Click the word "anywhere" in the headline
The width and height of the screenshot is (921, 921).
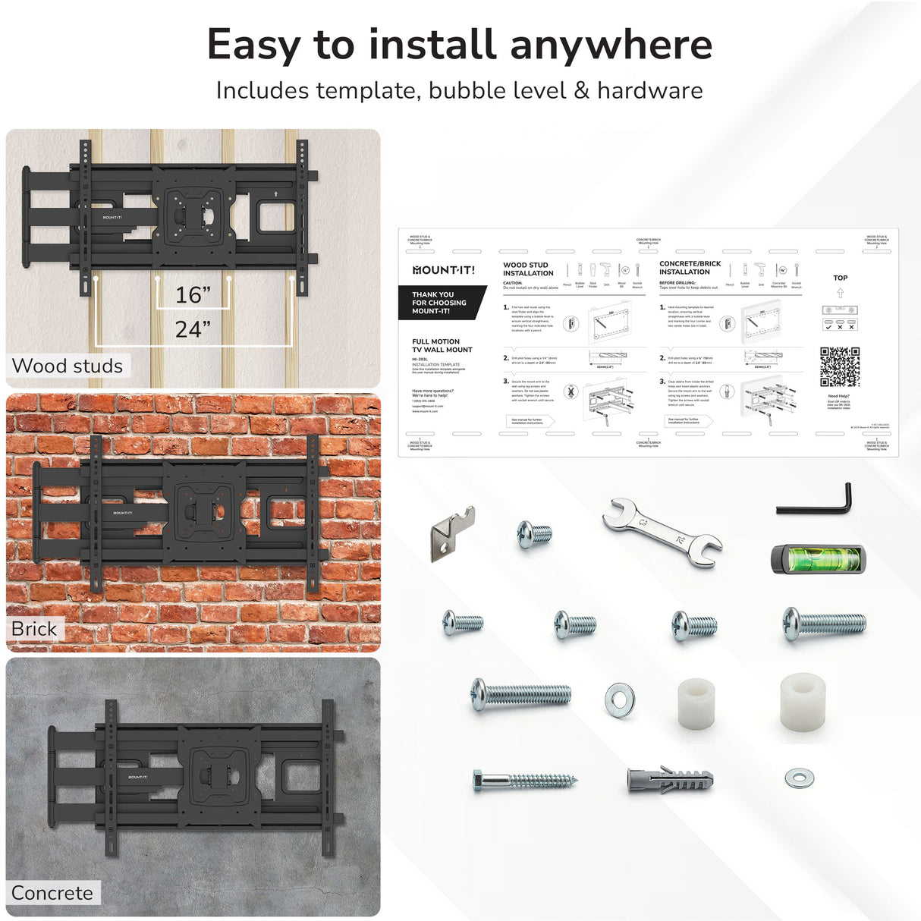click(611, 45)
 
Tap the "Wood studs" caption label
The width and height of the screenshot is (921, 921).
click(68, 366)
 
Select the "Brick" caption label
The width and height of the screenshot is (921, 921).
click(34, 629)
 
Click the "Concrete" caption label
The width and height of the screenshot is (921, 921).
click(52, 893)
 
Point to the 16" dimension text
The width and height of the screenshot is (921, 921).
click(193, 295)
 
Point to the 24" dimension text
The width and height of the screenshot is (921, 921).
click(193, 329)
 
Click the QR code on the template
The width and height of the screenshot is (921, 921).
click(840, 367)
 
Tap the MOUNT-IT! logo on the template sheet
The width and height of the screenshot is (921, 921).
click(444, 270)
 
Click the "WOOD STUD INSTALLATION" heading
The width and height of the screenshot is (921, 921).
click(528, 269)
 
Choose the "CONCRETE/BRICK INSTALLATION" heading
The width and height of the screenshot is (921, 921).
click(690, 268)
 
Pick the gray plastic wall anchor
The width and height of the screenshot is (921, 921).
click(669, 779)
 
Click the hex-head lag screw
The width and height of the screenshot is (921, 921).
click(523, 779)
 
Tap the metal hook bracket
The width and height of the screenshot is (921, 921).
click(453, 533)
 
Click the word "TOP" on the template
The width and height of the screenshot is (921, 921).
click(841, 278)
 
